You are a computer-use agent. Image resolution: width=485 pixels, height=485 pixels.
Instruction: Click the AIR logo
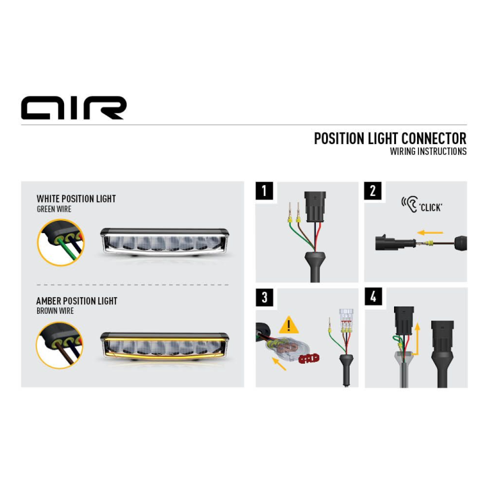coord(73,108)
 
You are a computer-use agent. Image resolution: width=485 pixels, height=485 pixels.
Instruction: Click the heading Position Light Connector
coord(390,139)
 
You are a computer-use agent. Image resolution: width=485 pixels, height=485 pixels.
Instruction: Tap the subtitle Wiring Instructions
coord(428,152)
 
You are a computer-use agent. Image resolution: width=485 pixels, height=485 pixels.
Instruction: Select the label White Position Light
coord(76,199)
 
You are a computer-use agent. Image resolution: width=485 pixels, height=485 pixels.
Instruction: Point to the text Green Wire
coord(54,209)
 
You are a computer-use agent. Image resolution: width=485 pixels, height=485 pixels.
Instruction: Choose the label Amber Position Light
coord(77,300)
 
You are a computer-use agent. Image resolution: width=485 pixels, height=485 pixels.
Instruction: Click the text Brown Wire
coord(55,311)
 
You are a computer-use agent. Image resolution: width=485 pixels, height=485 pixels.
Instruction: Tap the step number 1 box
coord(265,191)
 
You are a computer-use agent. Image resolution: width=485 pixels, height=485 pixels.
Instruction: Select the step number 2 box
coord(373,191)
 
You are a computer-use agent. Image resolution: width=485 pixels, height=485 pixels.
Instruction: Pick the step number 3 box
coord(265,297)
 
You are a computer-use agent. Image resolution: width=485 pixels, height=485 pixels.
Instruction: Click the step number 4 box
coord(373,296)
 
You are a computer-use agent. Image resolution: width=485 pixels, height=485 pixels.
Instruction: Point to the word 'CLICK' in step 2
coord(430,207)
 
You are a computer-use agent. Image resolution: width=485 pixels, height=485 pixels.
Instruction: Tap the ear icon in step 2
coord(410,204)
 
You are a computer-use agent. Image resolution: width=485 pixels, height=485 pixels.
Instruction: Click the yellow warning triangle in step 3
coord(289,325)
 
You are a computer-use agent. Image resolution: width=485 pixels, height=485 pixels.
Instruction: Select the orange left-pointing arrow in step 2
coord(430,232)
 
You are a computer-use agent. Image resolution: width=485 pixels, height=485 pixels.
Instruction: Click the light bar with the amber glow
coord(164,347)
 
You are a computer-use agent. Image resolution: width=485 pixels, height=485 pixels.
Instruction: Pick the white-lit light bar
coord(164,243)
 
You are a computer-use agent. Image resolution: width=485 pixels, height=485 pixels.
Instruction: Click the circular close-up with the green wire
coord(61,243)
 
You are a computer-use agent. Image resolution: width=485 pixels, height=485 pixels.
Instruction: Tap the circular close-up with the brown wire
coord(60,345)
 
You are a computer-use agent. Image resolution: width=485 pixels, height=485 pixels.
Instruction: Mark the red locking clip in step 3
coord(309,358)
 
